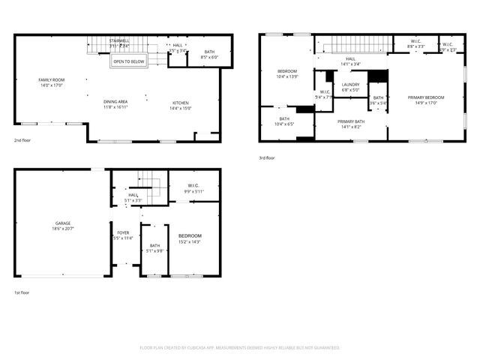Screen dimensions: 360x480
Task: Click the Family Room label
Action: (x=52, y=79)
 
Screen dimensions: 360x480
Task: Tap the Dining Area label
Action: (x=115, y=101)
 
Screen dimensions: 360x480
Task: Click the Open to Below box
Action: (x=129, y=62)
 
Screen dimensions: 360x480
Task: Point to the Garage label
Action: (x=63, y=223)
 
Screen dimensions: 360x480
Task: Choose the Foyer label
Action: (x=122, y=232)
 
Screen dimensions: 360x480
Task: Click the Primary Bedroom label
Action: (x=426, y=97)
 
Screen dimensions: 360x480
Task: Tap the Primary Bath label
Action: (x=351, y=121)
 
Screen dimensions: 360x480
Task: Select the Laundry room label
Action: (x=351, y=85)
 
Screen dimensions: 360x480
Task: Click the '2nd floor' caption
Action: (x=22, y=140)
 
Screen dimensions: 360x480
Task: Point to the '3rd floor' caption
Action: (x=267, y=157)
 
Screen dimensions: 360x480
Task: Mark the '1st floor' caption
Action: (x=22, y=292)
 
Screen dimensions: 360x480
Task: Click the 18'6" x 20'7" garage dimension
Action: (x=63, y=229)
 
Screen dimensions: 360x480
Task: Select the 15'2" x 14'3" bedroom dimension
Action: (x=190, y=241)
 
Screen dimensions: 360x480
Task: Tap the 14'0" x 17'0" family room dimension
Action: (x=52, y=85)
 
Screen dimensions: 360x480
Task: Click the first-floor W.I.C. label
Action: (x=193, y=185)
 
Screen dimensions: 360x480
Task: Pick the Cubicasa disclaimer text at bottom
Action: (x=240, y=348)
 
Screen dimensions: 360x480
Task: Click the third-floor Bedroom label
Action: (x=288, y=71)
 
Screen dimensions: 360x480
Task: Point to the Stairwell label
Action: (x=119, y=40)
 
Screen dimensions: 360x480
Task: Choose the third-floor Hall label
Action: (x=350, y=58)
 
